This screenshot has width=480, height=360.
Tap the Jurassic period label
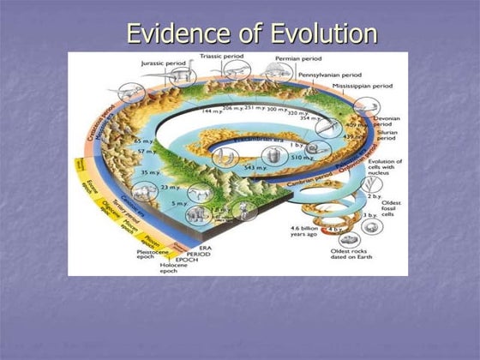165,63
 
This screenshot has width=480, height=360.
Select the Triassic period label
222,57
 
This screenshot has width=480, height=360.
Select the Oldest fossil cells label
391,207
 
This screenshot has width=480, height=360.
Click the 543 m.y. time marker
255,168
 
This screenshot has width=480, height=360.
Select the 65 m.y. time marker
142,139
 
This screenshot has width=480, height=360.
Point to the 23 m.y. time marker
169,187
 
